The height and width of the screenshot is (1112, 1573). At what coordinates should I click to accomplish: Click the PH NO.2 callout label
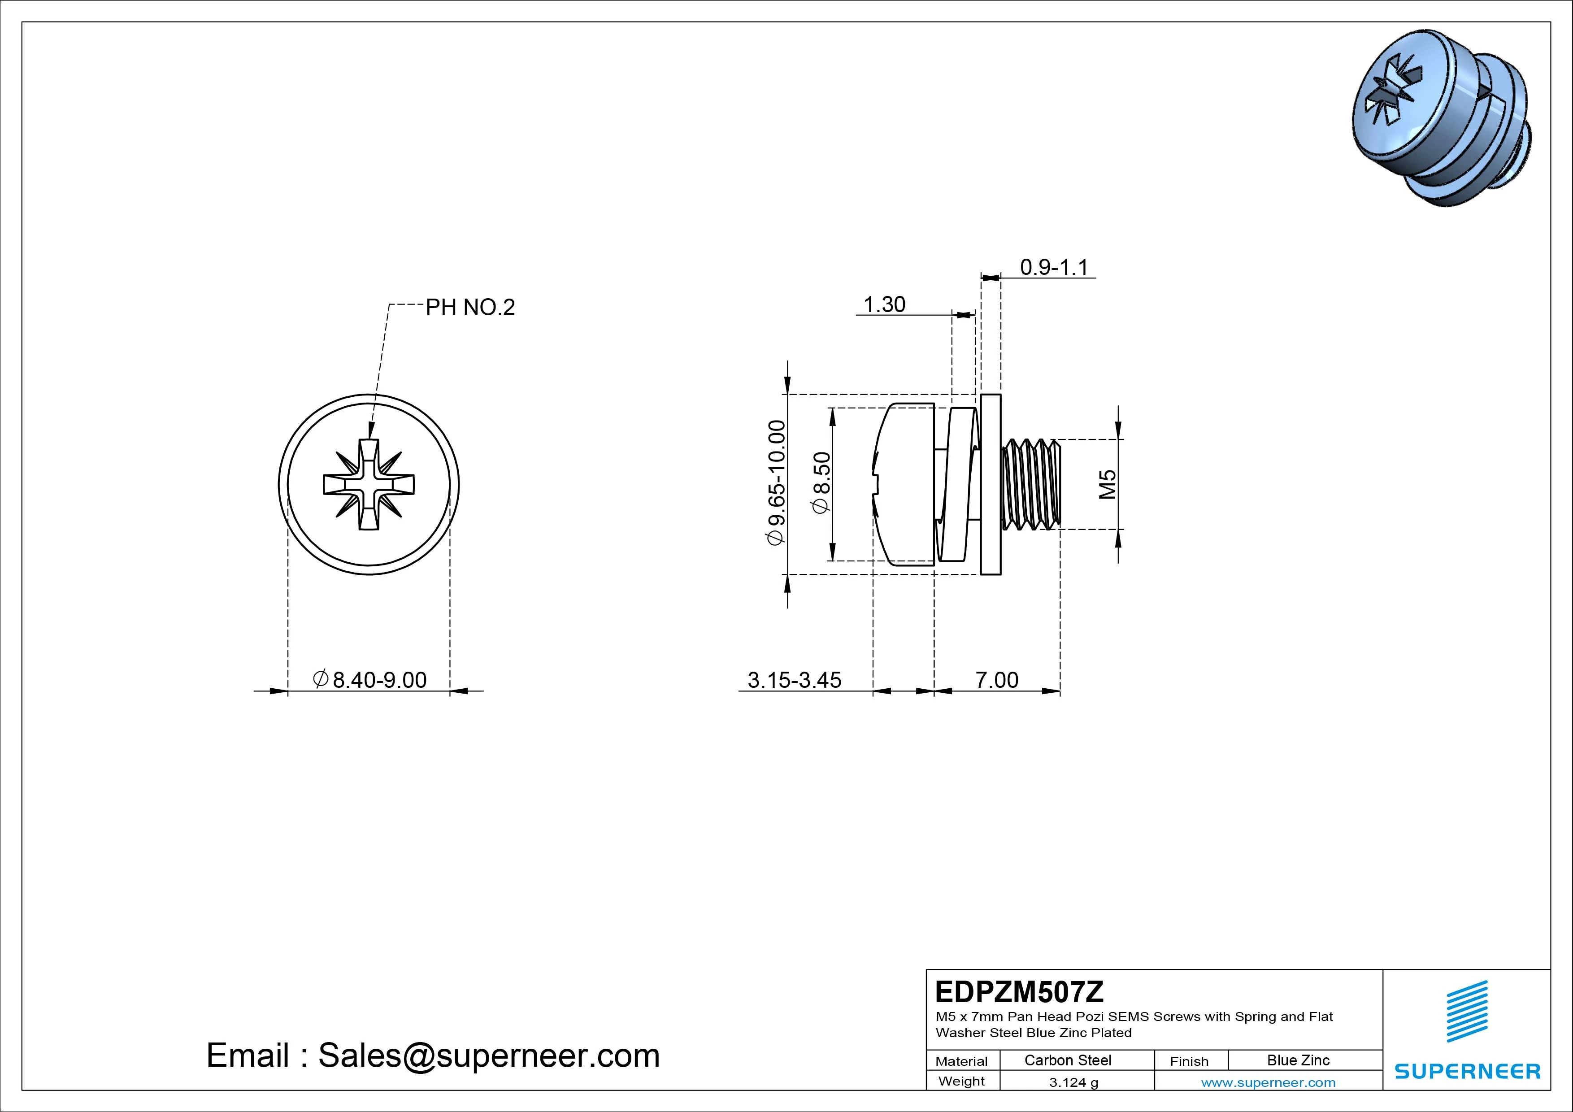[470, 307]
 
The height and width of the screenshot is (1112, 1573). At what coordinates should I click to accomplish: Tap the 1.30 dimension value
[884, 304]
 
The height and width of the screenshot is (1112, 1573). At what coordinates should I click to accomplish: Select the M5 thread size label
[1107, 484]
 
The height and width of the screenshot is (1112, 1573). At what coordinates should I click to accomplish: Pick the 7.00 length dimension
[996, 680]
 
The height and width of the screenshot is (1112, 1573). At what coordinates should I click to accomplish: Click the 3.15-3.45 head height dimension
[794, 680]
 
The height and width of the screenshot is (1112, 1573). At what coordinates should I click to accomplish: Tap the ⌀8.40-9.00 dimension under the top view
[370, 680]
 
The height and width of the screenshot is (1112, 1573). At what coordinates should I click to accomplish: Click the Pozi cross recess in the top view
[369, 484]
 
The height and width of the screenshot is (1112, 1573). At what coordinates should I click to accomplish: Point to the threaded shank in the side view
[1030, 484]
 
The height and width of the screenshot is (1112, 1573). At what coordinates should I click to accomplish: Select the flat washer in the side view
[991, 484]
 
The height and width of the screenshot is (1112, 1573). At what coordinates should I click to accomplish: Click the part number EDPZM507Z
[1019, 991]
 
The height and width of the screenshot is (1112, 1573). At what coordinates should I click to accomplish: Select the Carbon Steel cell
[1067, 1060]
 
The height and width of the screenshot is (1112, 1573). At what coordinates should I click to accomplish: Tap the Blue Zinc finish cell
[1298, 1060]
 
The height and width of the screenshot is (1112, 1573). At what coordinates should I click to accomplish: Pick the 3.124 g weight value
[1073, 1082]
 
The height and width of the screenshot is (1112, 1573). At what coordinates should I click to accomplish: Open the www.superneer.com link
[1268, 1082]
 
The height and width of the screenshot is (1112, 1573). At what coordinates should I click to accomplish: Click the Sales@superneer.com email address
[488, 1055]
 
